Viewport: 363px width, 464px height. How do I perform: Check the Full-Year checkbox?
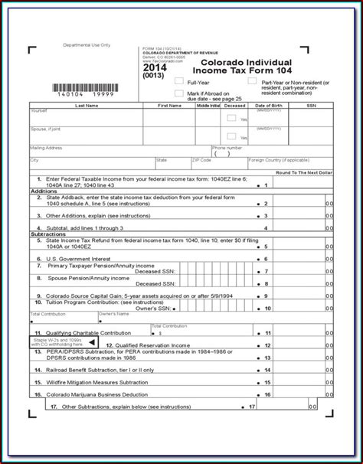178,81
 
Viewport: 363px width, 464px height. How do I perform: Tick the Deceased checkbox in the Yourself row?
232,118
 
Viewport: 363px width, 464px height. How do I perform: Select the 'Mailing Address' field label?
47,147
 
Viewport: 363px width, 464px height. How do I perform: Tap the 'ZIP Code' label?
201,160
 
